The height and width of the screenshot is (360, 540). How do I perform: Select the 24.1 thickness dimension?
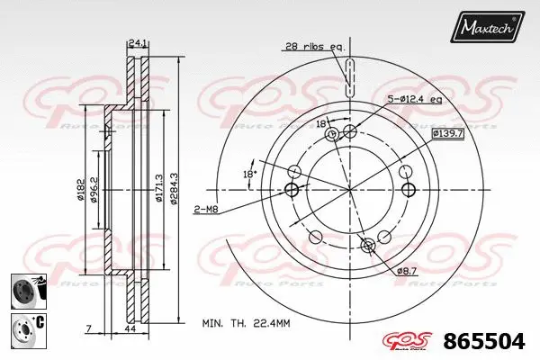(138, 42)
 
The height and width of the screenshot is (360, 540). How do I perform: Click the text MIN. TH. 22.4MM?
(245, 320)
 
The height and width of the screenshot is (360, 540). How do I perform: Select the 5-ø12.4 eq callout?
(414, 99)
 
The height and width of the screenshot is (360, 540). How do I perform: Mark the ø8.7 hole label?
(407, 270)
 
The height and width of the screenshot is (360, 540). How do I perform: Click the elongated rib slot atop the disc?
(350, 76)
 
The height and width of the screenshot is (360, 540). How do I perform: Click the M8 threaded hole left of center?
(291, 189)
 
